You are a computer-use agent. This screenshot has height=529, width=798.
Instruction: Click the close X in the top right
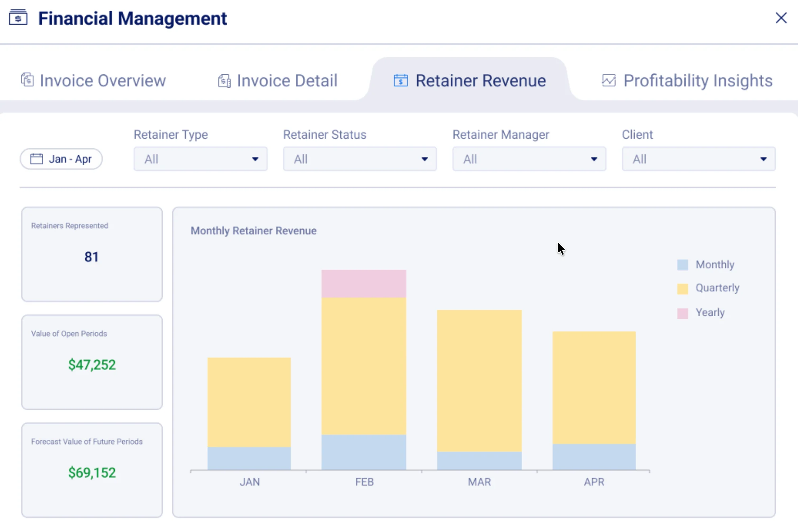click(x=781, y=18)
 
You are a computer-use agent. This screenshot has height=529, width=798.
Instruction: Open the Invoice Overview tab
click(x=94, y=81)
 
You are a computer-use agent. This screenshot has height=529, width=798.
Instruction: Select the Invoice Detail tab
click(x=278, y=81)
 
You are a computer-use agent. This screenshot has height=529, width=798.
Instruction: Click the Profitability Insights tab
click(x=687, y=81)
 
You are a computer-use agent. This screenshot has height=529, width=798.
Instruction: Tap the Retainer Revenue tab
click(x=470, y=81)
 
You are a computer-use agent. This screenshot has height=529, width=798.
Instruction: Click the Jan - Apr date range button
click(x=62, y=159)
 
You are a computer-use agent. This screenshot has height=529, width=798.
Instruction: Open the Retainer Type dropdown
click(x=200, y=159)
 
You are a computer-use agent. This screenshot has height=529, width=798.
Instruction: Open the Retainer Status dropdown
click(x=360, y=159)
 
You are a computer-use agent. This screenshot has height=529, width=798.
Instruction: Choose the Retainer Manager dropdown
click(x=529, y=159)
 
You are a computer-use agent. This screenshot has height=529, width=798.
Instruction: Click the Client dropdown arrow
click(x=763, y=159)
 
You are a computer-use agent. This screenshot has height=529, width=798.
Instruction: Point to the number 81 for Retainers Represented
click(x=91, y=257)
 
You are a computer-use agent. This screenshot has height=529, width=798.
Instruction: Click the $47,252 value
click(x=92, y=365)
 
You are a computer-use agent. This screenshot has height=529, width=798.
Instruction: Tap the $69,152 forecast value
click(x=92, y=473)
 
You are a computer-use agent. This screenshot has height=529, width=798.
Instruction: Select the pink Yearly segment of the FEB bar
click(x=364, y=284)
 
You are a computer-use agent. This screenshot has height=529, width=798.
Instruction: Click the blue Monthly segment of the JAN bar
click(x=249, y=458)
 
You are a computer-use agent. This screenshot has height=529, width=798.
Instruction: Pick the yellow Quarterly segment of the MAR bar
click(x=479, y=380)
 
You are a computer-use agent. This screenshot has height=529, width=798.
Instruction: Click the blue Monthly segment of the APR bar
click(x=594, y=457)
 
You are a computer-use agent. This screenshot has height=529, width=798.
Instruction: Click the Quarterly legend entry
click(x=717, y=288)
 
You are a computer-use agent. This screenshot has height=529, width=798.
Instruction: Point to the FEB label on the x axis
click(x=364, y=482)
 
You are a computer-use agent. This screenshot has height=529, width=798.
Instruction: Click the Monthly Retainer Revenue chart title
click(x=253, y=231)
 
